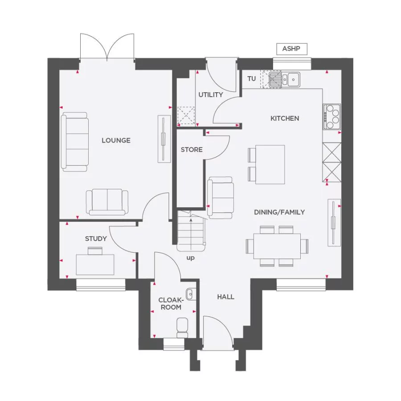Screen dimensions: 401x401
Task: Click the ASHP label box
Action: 291,49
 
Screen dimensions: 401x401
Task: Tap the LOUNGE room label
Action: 116,140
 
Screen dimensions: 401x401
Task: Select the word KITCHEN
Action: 285,119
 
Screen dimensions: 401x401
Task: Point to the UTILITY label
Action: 210,95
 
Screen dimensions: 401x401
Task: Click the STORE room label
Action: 192,150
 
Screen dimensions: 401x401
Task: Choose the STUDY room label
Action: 96,239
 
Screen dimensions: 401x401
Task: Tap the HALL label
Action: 225,297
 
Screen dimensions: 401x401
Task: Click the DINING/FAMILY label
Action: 279,212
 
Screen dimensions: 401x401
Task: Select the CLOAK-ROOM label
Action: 170,304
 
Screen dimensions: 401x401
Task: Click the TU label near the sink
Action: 252,79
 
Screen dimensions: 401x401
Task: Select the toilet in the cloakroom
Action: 183,327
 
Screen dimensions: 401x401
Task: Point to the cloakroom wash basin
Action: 190,294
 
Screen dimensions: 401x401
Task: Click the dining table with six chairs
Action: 277,246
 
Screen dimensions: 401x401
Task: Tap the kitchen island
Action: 270,164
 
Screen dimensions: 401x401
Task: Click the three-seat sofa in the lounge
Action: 74,142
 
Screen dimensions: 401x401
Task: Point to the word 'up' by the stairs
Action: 190,258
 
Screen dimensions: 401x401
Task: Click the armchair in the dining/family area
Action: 221,197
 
